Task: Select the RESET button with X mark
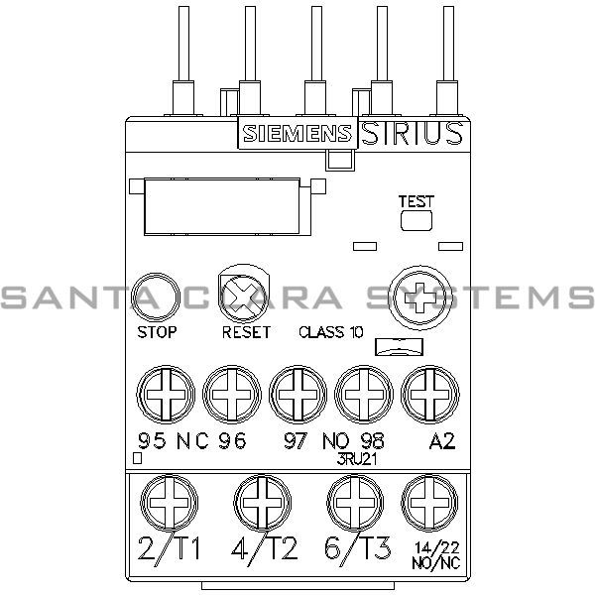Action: click(244, 294)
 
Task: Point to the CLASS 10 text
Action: click(330, 333)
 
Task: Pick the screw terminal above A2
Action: click(428, 393)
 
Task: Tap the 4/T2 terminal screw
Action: click(260, 500)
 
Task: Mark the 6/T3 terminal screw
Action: click(353, 500)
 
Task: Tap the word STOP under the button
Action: click(158, 333)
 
